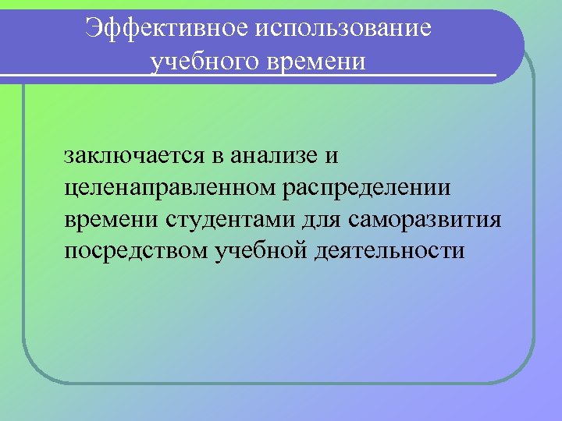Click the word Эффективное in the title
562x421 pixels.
tap(166, 28)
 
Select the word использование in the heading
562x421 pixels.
tap(342, 28)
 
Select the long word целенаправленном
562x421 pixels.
tap(165, 187)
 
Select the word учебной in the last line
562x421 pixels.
tap(258, 252)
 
